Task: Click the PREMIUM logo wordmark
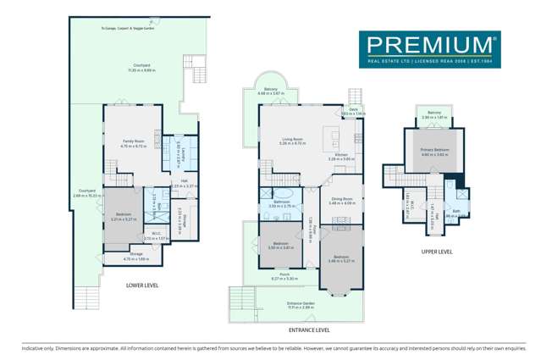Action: (428, 44)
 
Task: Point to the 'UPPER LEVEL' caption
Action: (437, 252)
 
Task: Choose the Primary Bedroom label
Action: (433, 151)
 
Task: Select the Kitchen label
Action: (340, 156)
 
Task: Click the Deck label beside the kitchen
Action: (355, 110)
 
